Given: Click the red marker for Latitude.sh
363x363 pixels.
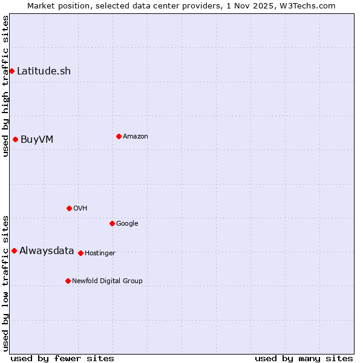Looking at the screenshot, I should click(x=11, y=71).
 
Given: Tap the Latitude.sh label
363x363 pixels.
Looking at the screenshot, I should click(x=44, y=71).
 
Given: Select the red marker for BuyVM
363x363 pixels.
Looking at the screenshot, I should click(x=15, y=140).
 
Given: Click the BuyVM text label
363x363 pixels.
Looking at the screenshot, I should click(x=37, y=140).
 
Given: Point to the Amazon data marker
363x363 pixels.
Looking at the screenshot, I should click(x=119, y=136).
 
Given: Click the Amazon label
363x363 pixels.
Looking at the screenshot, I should click(x=136, y=137).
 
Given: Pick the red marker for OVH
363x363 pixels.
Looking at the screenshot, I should click(x=69, y=208).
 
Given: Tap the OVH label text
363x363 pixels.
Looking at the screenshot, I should click(x=80, y=209).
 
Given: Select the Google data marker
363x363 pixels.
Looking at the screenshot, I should click(x=112, y=223).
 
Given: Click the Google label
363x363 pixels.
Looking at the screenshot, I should click(x=127, y=224).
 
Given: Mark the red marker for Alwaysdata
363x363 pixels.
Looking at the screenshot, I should click(x=14, y=250).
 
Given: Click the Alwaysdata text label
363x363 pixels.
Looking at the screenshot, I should click(x=47, y=251).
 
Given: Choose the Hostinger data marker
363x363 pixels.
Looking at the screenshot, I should click(x=80, y=253).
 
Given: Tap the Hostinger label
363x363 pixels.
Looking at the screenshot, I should click(x=100, y=253).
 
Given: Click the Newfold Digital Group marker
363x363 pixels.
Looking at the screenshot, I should click(x=68, y=281).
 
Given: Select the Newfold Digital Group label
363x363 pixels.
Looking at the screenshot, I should click(x=107, y=281).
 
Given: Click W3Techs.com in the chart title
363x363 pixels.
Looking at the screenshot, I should click(x=307, y=5).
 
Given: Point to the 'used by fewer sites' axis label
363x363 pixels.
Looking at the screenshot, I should click(x=62, y=359).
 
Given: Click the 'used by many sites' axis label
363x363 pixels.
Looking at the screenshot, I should click(x=304, y=359).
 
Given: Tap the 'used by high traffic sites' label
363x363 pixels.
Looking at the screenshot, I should click(x=5, y=87).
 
